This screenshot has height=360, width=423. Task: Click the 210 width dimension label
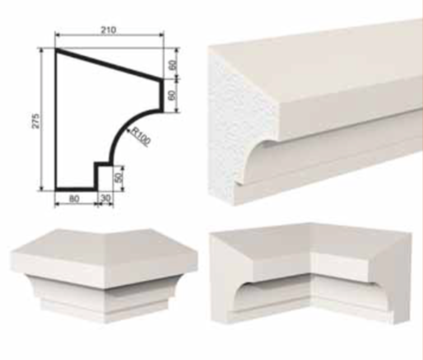point(109,30)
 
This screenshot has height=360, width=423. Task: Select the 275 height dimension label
point(36,120)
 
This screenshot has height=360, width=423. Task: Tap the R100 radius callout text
point(141,137)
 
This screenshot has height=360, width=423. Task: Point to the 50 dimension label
point(119,177)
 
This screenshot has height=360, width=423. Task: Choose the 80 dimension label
point(74,199)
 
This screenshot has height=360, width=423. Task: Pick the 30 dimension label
point(105,198)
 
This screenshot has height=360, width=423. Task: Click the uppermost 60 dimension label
point(173,65)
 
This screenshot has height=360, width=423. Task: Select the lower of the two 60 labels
point(172,96)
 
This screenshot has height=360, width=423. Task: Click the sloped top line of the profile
point(109,64)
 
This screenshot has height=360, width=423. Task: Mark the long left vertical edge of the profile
point(56,119)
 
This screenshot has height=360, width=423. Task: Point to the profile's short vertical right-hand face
point(162,96)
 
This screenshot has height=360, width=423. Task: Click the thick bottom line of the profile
point(76,189)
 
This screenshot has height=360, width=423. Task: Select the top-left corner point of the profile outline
point(56,49)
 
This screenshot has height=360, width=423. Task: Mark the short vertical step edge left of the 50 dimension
point(96,176)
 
